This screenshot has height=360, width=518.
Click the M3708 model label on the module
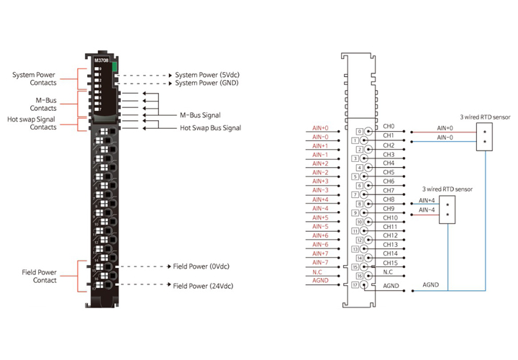pos(101,61)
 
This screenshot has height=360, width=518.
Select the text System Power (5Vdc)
pos(207,74)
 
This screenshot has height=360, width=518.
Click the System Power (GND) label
pos(207,83)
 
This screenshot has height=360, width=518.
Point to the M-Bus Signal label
pos(200,114)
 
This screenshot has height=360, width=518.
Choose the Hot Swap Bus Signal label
pos(210,127)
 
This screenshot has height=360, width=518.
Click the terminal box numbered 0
pos(360,132)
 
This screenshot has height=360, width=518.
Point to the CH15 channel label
pos(389,262)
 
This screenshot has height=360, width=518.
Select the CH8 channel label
pos(388,199)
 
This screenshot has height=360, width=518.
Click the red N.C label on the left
pos(317,271)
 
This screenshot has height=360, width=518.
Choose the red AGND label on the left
pos(320,281)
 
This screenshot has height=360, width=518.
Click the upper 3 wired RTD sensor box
pos(486,137)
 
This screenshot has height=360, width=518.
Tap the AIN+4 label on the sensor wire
pos(427,201)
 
